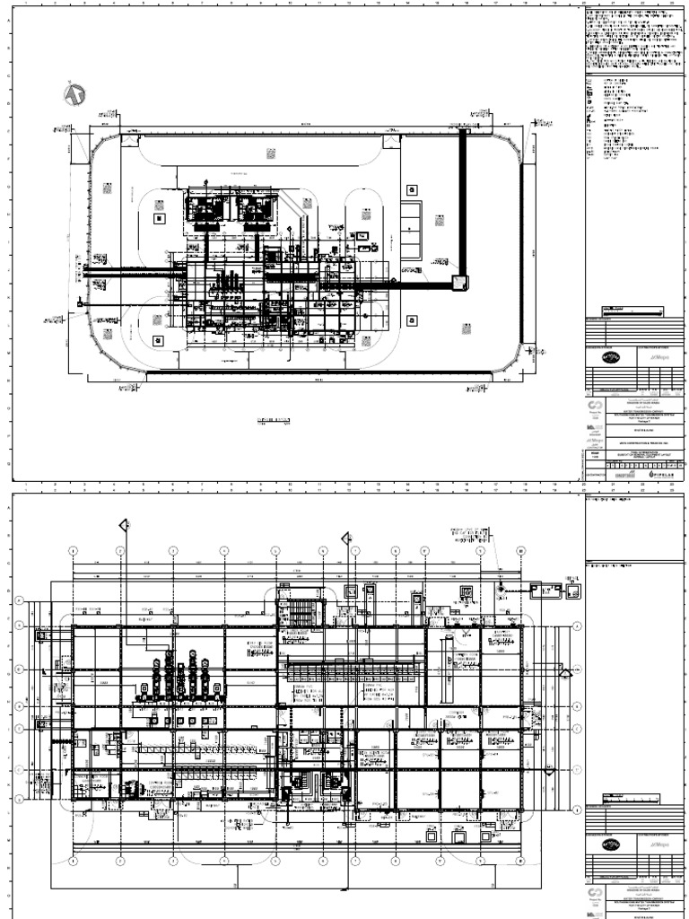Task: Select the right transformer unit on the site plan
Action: (x=255, y=209)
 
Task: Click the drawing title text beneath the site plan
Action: (x=275, y=420)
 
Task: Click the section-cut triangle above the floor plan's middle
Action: (x=346, y=538)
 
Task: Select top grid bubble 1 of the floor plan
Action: (x=74, y=550)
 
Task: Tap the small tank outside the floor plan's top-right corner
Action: (x=545, y=590)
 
